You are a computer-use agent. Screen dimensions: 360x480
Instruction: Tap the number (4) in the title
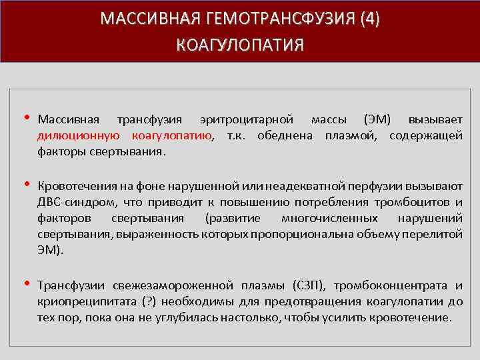[x=368, y=18]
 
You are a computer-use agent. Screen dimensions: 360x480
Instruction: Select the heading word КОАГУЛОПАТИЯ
[x=240, y=45]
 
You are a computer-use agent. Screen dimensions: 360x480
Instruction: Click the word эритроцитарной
[x=247, y=120]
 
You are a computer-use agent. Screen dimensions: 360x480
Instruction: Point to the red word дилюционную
[x=79, y=135]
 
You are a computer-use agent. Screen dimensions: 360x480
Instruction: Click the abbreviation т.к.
[x=238, y=135]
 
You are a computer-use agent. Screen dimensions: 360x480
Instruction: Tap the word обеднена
[x=288, y=135]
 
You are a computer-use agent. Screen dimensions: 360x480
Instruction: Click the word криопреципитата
[x=83, y=302]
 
